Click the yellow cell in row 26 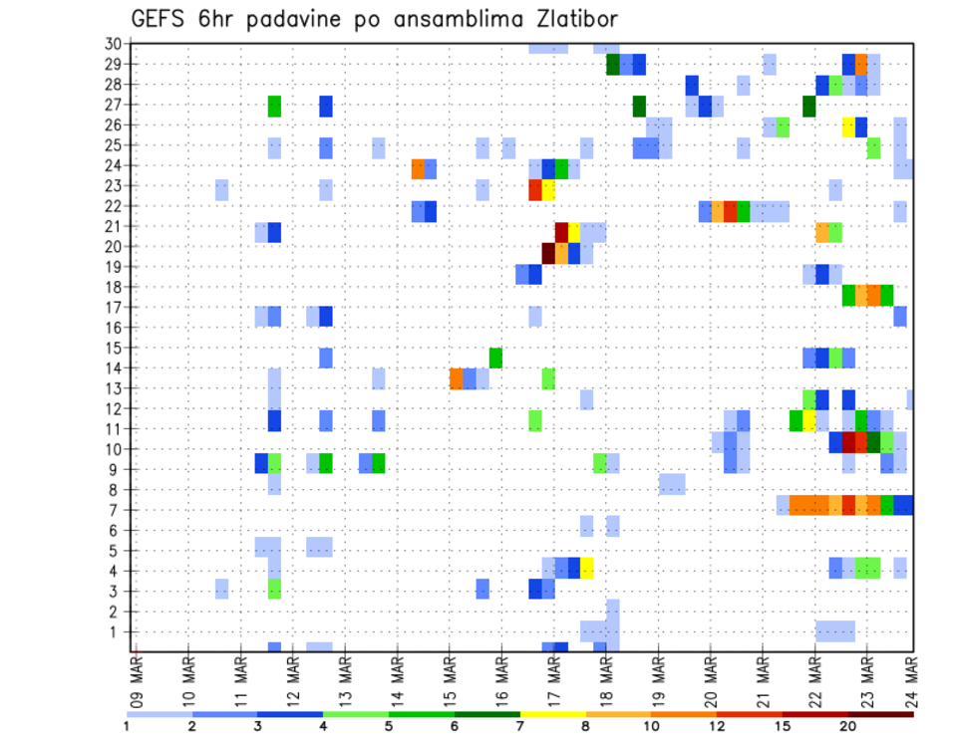pyautogui.click(x=848, y=126)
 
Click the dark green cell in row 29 pyautogui.click(x=613, y=65)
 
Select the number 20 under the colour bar pyautogui.click(x=848, y=725)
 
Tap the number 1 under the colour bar pyautogui.click(x=127, y=725)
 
